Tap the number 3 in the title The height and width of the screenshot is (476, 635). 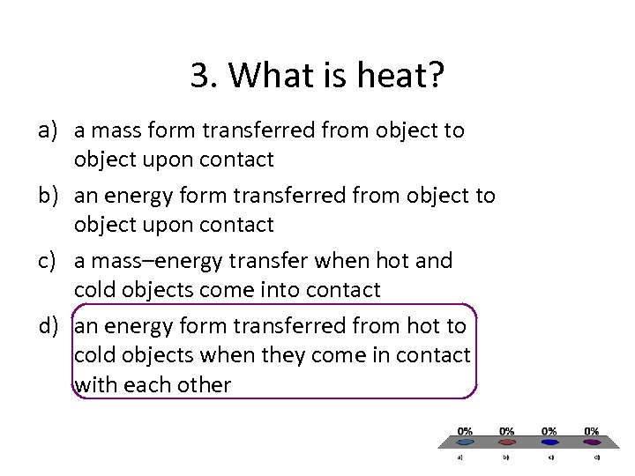[198, 77]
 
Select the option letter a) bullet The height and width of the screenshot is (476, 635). [48, 131]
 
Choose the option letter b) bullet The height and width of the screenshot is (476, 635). [48, 196]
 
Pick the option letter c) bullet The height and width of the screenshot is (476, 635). [48, 261]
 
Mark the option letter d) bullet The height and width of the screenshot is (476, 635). [48, 326]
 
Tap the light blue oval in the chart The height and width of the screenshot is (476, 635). [466, 442]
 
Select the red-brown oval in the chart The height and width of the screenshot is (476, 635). [508, 442]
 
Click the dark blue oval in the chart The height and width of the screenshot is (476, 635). [550, 442]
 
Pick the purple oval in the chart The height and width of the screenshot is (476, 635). [593, 442]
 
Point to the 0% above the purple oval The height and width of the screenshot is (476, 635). [593, 431]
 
